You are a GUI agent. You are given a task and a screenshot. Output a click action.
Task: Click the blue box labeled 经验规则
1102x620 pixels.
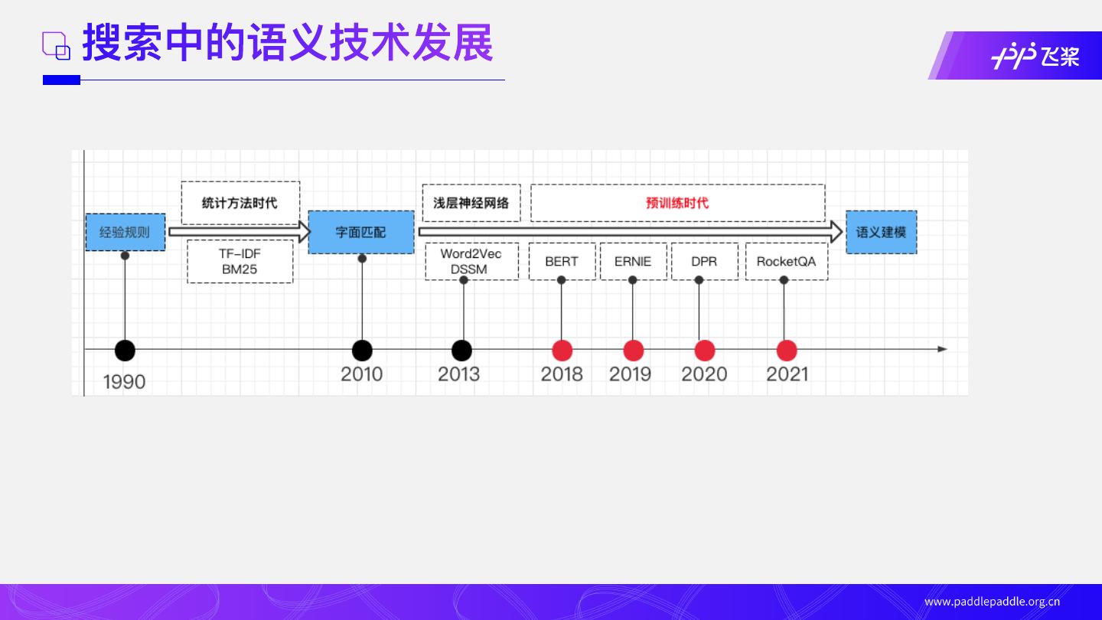coord(125,232)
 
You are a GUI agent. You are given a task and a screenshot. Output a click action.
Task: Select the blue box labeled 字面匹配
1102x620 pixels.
coord(361,232)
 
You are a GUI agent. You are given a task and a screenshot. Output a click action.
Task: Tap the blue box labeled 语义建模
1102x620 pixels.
coord(881,232)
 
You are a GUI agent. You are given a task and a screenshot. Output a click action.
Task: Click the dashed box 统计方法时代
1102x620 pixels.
coord(240,203)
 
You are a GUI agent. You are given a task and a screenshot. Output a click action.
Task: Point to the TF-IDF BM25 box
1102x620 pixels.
coord(240,261)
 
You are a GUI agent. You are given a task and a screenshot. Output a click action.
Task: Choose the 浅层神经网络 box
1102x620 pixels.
coord(471,203)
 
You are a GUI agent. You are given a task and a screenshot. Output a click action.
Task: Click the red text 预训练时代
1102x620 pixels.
coord(677,203)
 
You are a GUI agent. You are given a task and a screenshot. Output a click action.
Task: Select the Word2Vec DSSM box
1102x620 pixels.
coord(471,261)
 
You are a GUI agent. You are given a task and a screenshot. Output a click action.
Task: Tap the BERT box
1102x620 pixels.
coord(562,261)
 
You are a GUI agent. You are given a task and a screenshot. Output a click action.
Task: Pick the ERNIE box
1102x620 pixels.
coord(633,261)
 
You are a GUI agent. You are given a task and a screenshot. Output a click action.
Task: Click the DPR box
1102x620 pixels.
coord(704,261)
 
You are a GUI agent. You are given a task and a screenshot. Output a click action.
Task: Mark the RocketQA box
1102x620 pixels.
coord(786,261)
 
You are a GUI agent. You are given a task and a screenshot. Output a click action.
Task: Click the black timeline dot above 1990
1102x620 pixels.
coord(125,351)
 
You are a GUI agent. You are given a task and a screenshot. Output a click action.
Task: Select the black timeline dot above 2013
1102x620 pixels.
coord(461,351)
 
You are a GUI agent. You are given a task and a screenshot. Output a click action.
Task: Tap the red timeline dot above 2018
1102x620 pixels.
coord(562,351)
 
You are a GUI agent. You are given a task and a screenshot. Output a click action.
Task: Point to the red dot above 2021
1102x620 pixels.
coord(787,351)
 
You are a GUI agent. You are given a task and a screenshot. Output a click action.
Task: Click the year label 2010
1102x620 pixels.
coord(362,374)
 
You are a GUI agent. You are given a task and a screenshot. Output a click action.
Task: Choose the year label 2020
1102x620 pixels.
coord(704,374)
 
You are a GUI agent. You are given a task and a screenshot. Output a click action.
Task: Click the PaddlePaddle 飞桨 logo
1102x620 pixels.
coord(1035,57)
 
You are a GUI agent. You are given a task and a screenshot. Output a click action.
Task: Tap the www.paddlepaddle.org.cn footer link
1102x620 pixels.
coord(992,602)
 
